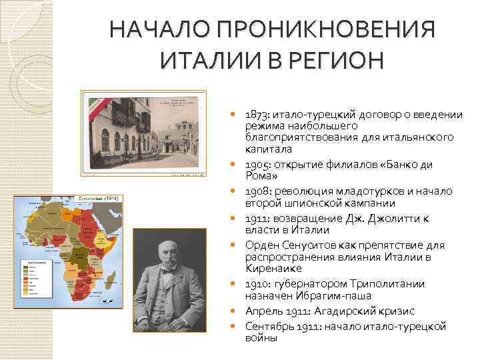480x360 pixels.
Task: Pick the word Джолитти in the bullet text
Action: tap(387, 219)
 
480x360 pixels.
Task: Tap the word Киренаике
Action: tap(273, 268)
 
